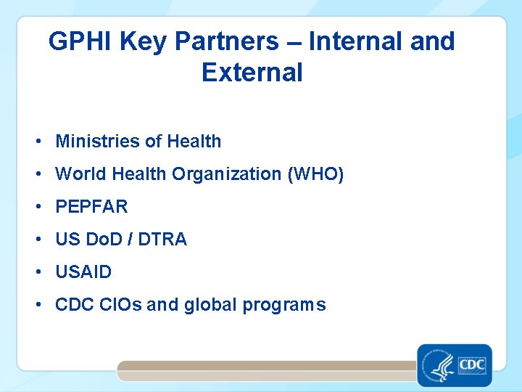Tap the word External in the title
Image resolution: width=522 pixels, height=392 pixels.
(x=252, y=73)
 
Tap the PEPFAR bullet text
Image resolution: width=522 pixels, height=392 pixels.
(x=91, y=207)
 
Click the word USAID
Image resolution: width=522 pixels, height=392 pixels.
(x=83, y=272)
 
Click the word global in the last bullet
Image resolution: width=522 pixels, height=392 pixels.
(x=210, y=305)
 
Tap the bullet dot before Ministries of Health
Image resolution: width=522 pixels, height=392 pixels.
(x=37, y=142)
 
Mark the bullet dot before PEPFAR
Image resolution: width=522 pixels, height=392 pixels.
(x=37, y=208)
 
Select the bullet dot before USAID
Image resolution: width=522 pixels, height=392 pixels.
(x=37, y=273)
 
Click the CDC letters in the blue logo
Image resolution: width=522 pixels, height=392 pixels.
(x=472, y=363)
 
